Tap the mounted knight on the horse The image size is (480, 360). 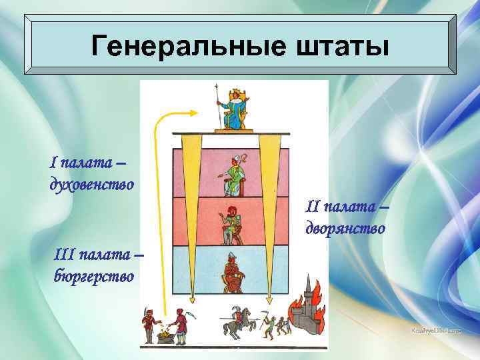pos(235,321)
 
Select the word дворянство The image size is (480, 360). pos(345,229)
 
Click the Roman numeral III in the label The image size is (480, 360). pos(64,254)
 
